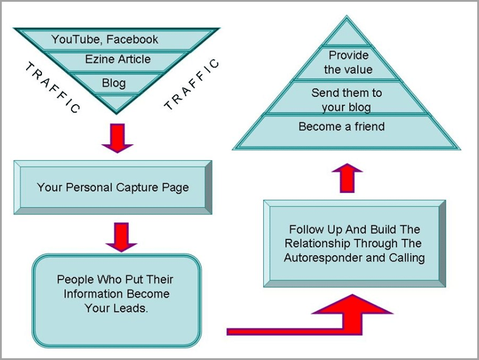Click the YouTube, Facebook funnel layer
(x=105, y=40)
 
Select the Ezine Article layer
(x=118, y=59)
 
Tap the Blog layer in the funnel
(x=114, y=83)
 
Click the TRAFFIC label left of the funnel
(x=52, y=88)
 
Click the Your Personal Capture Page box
(x=113, y=187)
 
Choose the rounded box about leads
(x=116, y=294)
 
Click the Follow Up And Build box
(x=354, y=243)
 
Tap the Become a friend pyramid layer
(x=341, y=127)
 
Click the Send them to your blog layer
(x=347, y=100)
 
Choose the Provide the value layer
(x=348, y=63)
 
